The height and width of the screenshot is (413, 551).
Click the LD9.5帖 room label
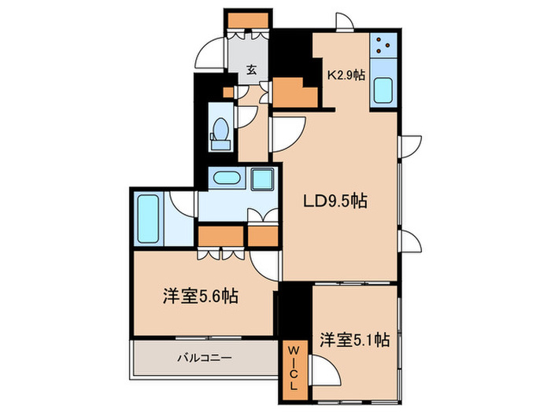[335, 201]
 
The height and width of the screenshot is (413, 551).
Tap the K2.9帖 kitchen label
[346, 76]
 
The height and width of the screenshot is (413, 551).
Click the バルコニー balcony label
[204, 357]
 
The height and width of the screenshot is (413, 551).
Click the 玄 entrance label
[250, 70]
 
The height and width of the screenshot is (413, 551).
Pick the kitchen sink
[385, 92]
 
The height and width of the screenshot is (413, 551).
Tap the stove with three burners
[385, 49]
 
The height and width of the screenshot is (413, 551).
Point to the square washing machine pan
[262, 179]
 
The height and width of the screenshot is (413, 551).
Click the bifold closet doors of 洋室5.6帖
[221, 253]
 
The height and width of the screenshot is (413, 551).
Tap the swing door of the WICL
[322, 368]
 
